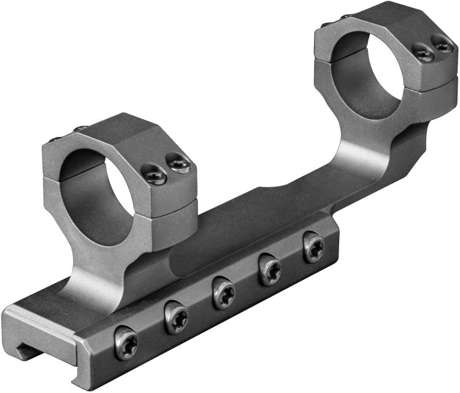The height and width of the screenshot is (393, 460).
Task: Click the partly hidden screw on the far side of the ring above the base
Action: click(81, 129)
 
